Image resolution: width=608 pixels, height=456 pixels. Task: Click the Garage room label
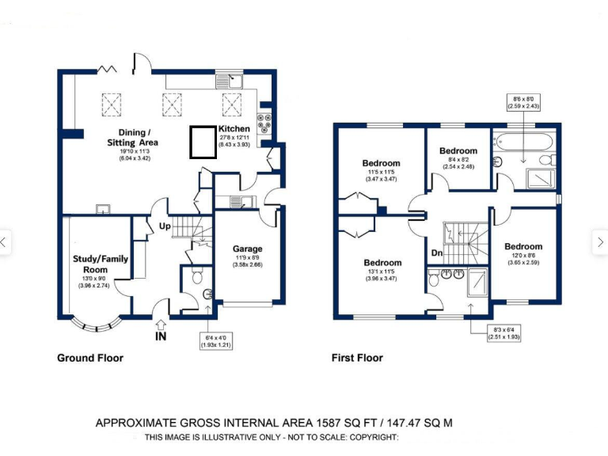[x=247, y=249]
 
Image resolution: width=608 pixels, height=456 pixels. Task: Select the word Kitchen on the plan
[x=234, y=128]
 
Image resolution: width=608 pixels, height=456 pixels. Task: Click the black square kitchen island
[x=203, y=142]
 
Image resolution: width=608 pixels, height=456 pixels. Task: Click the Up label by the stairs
[x=165, y=226]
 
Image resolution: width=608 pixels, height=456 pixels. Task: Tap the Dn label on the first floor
[x=437, y=253]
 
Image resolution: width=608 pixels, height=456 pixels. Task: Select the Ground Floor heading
[x=90, y=358]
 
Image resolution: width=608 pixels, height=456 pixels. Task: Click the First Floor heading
[x=357, y=358]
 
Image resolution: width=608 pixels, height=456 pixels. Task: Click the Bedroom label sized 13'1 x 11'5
[x=382, y=263]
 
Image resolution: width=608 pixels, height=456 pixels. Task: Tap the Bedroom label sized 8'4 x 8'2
[x=458, y=150]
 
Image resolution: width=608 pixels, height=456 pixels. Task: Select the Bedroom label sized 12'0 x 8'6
[x=523, y=246]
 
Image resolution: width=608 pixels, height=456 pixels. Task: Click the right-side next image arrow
[x=600, y=242]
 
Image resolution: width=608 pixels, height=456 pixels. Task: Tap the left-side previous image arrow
[x=5, y=242]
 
